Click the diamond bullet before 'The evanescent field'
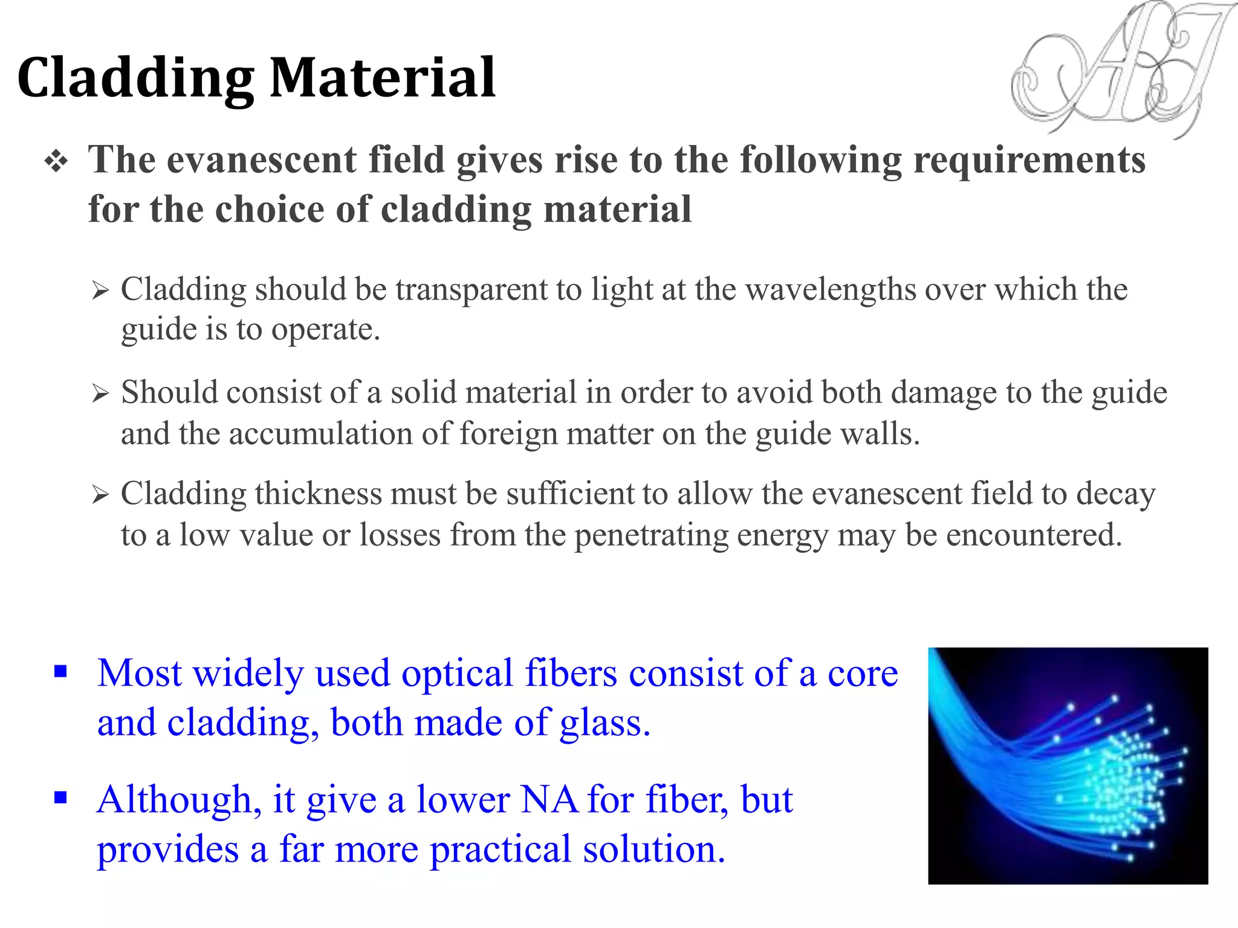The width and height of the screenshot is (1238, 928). tap(56, 161)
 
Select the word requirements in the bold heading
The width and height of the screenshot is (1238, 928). tap(1029, 160)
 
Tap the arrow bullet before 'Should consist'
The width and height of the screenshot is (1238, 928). tap(100, 394)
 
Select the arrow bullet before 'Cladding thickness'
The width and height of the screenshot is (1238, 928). tap(100, 495)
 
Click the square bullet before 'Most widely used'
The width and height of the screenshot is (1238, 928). tap(60, 671)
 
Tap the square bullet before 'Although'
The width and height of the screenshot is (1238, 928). tap(60, 798)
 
